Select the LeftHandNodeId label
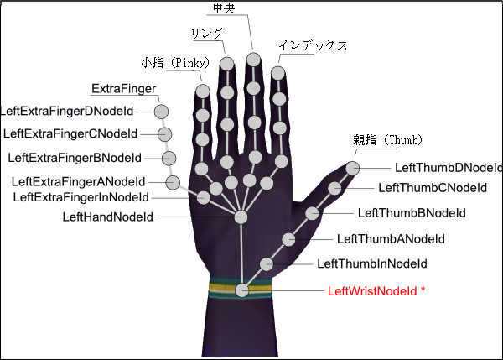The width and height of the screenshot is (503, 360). tap(108, 217)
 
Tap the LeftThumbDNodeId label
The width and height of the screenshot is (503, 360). tap(448, 168)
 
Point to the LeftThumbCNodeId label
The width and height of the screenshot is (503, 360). tap(433, 188)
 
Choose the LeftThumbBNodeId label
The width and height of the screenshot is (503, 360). tap(412, 213)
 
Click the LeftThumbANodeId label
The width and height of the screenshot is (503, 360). tap(390, 239)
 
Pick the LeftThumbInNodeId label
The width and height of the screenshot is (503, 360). tap(372, 264)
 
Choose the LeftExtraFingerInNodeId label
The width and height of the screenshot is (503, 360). tap(81, 197)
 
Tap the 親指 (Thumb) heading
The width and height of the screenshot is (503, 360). tap(387, 140)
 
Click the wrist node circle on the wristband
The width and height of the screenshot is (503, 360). tap(242, 290)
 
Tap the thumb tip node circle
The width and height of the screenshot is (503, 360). tap(353, 168)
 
